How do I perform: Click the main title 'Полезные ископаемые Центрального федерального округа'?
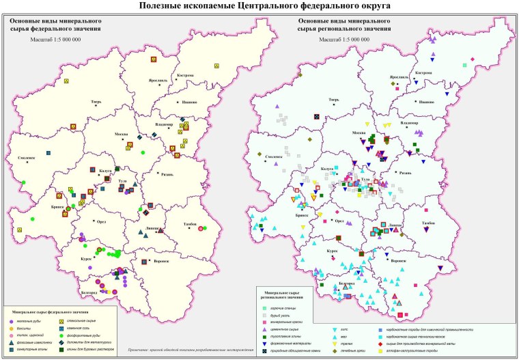[x=259, y=6]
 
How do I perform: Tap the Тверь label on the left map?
[x=95, y=102]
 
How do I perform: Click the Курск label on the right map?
[x=331, y=251]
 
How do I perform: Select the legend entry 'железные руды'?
[x=45, y=321]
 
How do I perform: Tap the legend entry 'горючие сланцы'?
[x=290, y=309]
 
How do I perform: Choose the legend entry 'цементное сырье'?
[x=292, y=330]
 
